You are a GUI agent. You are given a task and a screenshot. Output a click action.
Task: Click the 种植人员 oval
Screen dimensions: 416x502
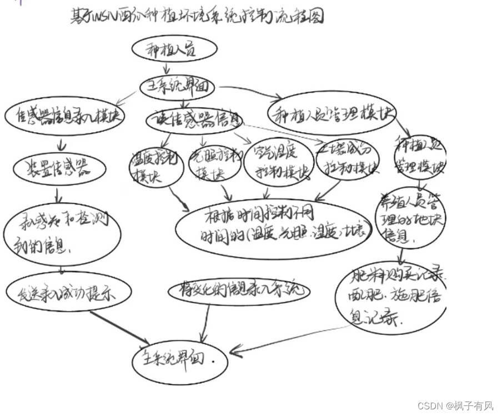[174, 49]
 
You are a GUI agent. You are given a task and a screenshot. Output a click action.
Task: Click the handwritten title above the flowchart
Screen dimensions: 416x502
[197, 17]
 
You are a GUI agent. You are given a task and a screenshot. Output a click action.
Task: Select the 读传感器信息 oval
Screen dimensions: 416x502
[195, 118]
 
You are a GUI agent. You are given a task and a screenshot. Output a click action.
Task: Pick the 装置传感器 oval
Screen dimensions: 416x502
[59, 169]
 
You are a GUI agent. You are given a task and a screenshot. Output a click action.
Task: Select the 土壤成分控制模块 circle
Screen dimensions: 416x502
[348, 159]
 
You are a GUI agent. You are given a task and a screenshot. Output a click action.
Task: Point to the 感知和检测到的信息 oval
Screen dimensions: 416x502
[62, 233]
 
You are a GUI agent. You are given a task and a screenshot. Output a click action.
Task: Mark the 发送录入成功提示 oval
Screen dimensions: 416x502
[69, 293]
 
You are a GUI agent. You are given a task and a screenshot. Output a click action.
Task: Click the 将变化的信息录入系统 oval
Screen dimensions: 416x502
[238, 290]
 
